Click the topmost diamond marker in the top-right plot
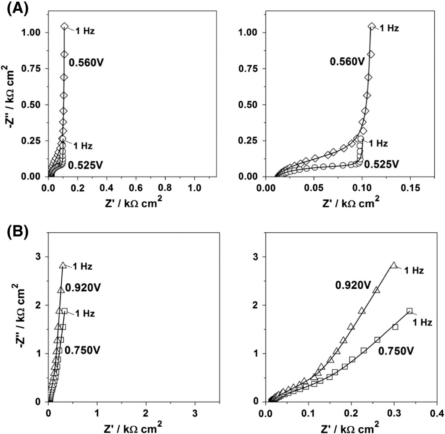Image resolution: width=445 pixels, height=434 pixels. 372,27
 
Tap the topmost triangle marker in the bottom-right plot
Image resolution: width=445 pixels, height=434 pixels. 394,265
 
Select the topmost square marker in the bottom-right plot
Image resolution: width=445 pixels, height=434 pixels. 409,311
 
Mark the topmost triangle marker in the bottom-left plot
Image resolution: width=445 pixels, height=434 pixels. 63,265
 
